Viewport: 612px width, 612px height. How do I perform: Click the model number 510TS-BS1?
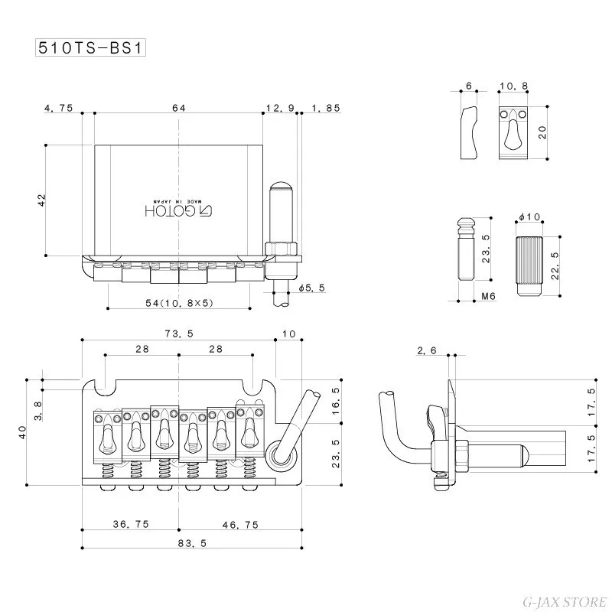[x=91, y=47]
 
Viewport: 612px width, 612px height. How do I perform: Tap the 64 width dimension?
[x=179, y=109]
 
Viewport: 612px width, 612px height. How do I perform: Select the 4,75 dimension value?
[x=59, y=109]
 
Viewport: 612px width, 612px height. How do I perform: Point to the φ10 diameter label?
[x=529, y=219]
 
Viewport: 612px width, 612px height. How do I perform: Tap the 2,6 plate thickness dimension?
[x=428, y=351]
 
